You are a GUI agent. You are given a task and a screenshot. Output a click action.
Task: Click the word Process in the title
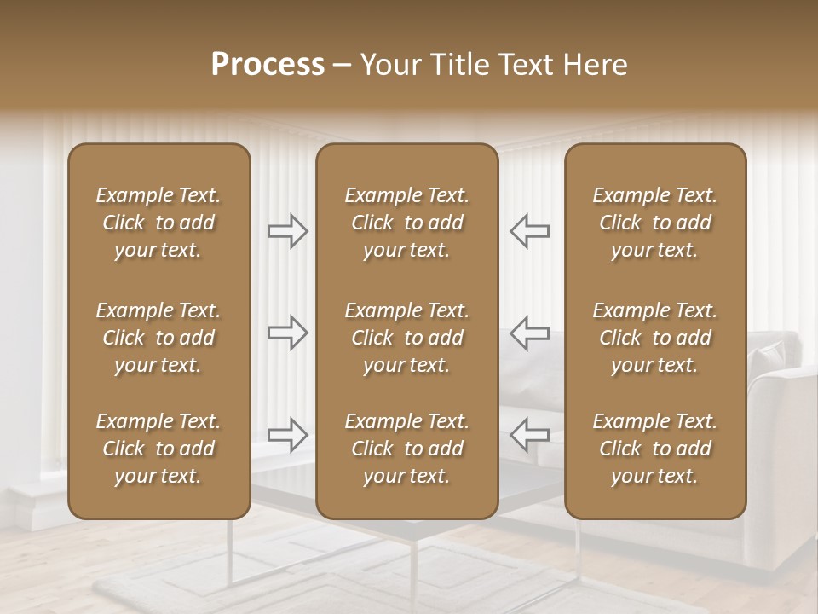click(268, 65)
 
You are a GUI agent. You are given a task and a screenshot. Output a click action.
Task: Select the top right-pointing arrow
click(288, 231)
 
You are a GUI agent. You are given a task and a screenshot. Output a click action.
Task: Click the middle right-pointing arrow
click(288, 333)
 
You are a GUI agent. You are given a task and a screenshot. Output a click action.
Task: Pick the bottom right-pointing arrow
click(288, 434)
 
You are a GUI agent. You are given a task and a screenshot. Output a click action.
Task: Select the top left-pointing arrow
click(529, 231)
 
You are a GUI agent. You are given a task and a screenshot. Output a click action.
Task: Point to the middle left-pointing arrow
click(529, 333)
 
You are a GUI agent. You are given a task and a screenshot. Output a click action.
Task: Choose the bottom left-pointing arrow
click(529, 434)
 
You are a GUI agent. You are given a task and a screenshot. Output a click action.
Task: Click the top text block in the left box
click(158, 223)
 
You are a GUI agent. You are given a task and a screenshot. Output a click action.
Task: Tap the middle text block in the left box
click(158, 338)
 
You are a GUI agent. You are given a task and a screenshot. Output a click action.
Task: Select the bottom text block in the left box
click(158, 449)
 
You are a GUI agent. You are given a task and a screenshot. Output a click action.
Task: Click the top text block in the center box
click(406, 223)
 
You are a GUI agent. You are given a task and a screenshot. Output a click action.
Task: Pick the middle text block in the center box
click(406, 338)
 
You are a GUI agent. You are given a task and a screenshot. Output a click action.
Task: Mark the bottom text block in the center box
click(406, 449)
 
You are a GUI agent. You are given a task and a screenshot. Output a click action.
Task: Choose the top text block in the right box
click(654, 223)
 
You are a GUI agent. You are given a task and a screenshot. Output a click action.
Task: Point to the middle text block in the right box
click(654, 338)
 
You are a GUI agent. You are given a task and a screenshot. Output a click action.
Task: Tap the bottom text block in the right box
click(654, 449)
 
